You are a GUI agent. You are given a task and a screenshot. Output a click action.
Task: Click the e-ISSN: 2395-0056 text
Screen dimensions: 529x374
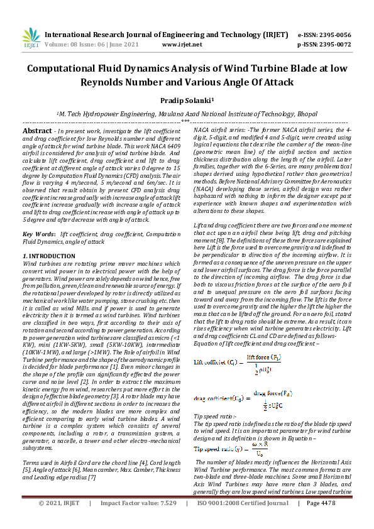point(324,35)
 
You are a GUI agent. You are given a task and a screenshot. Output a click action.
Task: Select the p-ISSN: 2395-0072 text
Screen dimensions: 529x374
point(324,45)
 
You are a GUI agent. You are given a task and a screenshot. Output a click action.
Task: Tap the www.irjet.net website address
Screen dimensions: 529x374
point(182,45)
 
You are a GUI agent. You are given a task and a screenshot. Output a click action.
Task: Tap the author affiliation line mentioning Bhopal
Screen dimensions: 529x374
point(187,114)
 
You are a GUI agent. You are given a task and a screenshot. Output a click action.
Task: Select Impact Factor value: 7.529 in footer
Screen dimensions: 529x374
point(138,521)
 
